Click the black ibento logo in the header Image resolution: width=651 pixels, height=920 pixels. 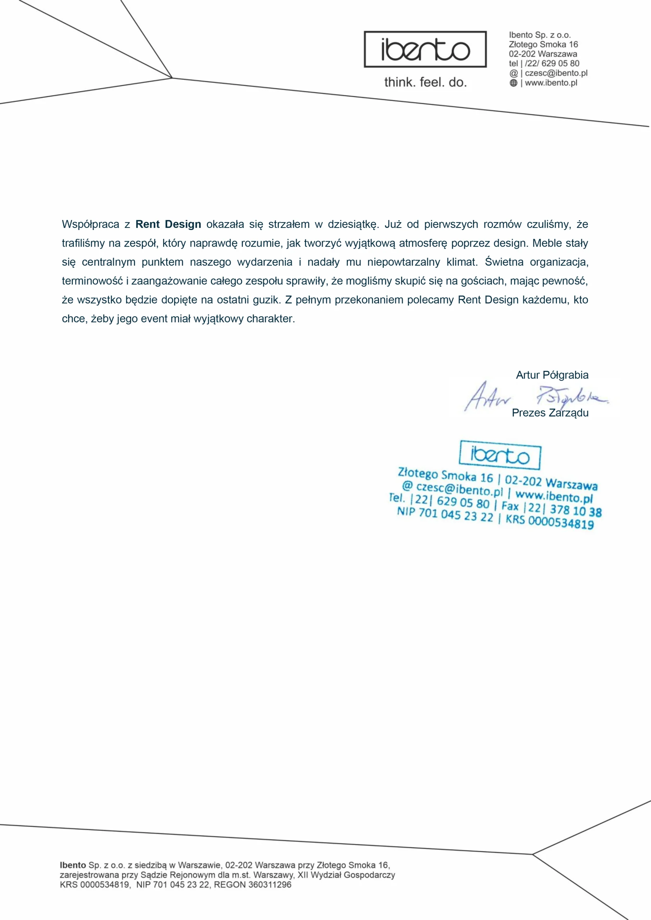tap(425, 49)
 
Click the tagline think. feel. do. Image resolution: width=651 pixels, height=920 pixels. tap(425, 82)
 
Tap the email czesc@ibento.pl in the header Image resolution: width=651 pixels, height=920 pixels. tap(556, 73)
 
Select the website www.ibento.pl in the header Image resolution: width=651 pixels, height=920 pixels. tap(551, 83)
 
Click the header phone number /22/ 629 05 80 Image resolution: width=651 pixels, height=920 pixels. tap(552, 63)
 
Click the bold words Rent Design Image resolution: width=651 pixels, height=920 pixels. tap(168, 224)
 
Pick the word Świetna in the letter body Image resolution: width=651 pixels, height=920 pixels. tap(504, 262)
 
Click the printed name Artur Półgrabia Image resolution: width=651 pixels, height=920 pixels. tap(552, 375)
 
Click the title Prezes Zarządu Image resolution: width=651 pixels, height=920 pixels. tap(550, 413)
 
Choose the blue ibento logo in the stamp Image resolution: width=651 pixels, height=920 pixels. tap(500, 455)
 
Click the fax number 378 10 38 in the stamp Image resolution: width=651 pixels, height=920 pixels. tap(575, 510)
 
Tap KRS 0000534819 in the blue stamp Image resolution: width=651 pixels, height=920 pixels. tap(549, 521)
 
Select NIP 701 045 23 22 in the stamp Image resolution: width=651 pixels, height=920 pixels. tap(445, 514)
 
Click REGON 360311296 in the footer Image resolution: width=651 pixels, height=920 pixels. tap(253, 885)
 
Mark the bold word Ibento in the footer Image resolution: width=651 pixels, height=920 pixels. tap(73, 865)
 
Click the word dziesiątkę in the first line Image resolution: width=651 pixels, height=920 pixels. tap(353, 224)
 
